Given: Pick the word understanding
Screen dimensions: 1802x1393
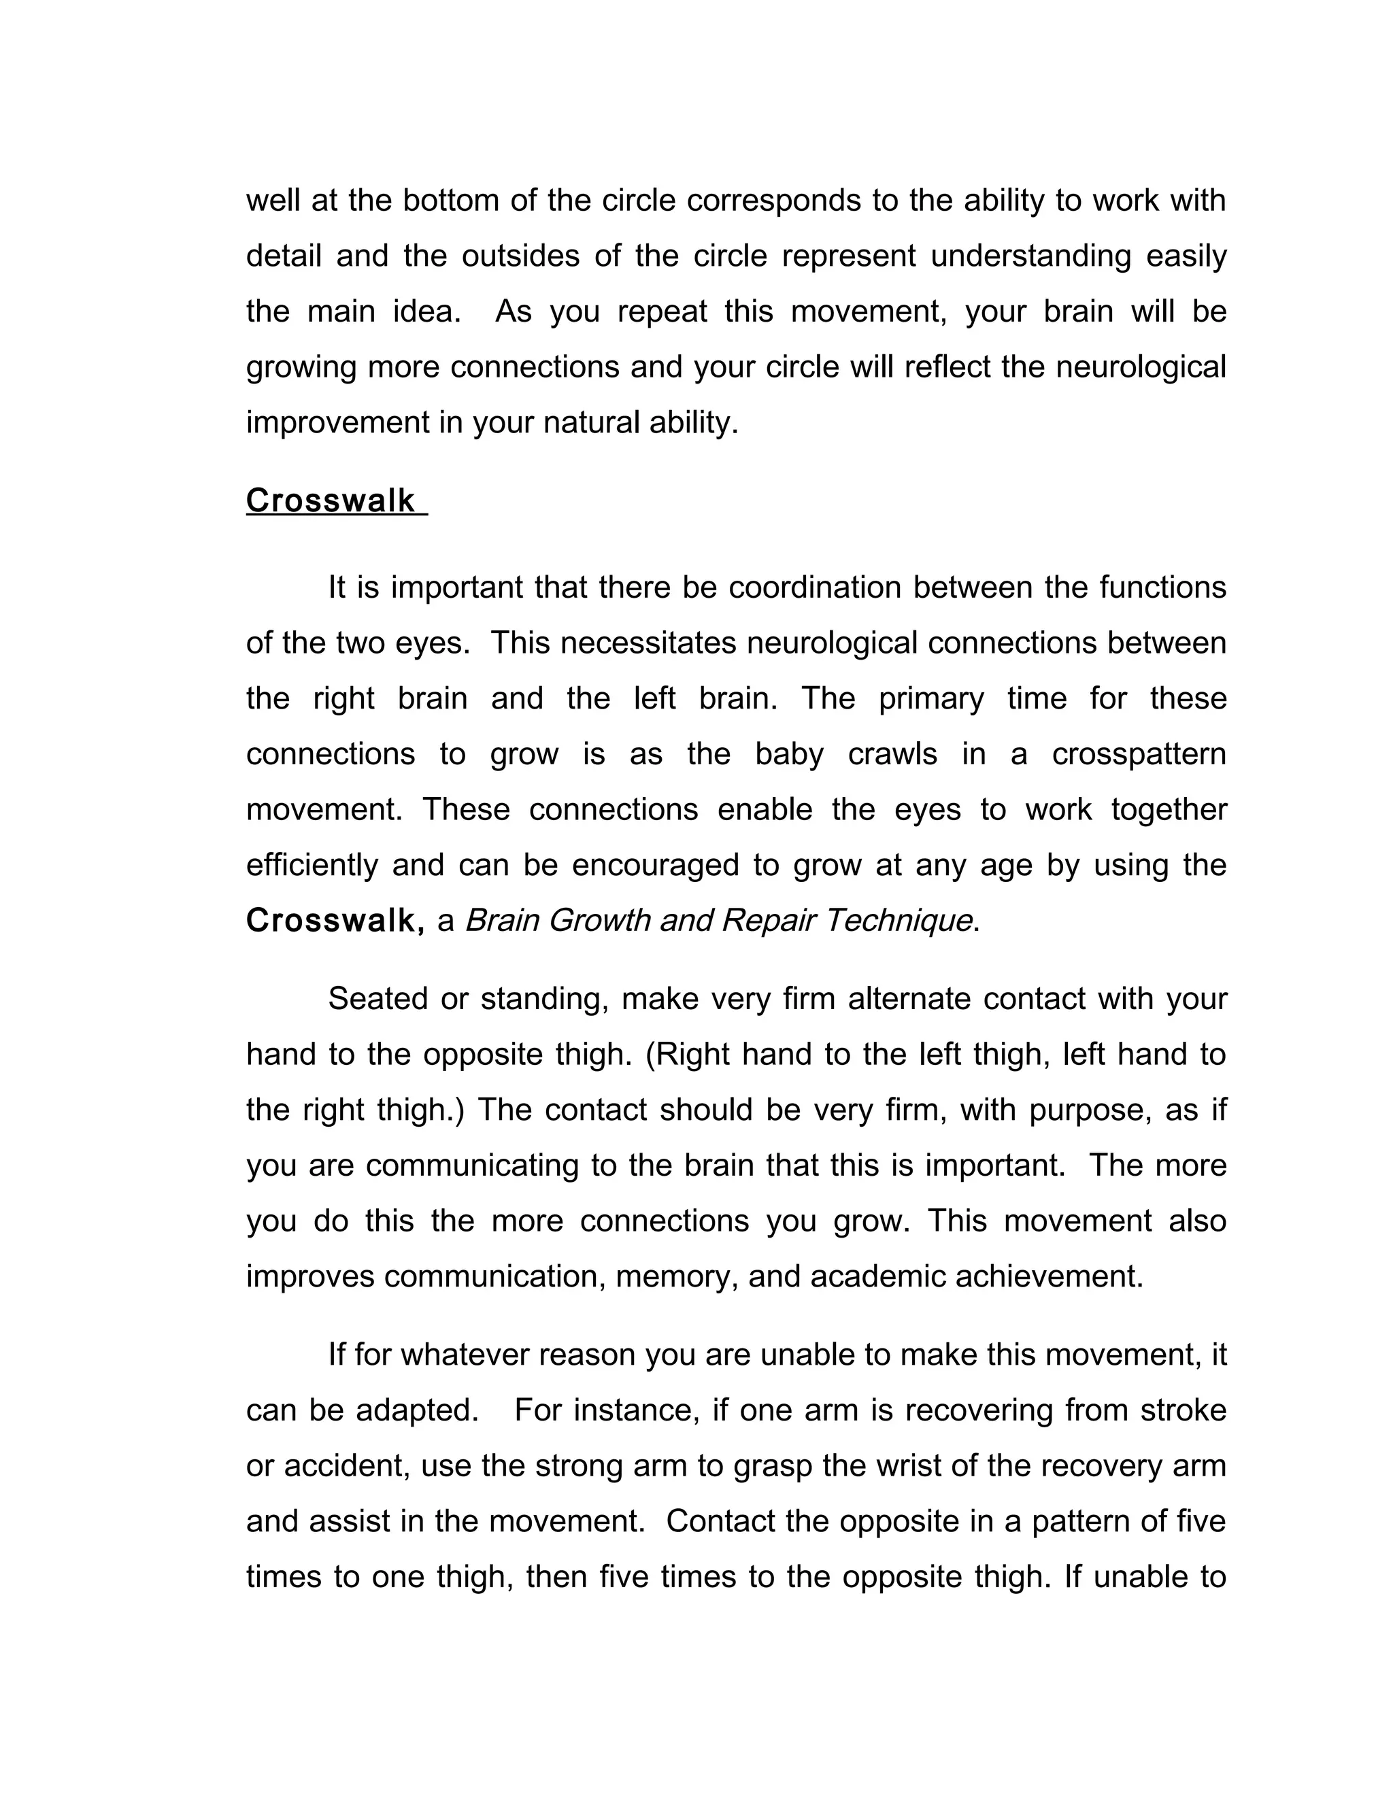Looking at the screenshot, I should [1030, 256].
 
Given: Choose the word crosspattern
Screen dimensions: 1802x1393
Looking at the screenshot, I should [1139, 754].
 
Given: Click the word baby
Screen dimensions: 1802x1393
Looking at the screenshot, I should [789, 754].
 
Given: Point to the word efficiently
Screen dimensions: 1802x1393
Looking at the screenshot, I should [313, 865].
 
